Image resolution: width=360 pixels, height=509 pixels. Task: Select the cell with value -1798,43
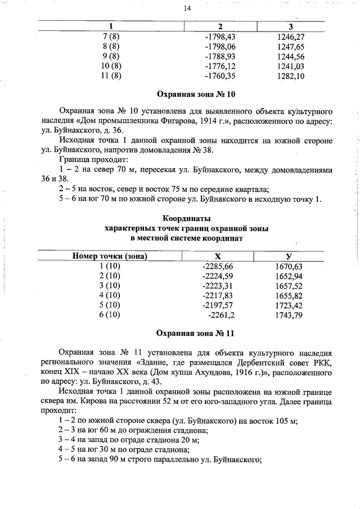[219, 36]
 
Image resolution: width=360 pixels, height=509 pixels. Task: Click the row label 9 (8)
[111, 56]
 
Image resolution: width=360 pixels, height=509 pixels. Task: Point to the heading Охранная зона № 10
[187, 93]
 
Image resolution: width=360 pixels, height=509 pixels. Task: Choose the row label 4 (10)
[110, 295]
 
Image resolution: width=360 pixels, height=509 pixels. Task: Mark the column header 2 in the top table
[220, 26]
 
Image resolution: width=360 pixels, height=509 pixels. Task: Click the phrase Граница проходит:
[85, 160]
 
